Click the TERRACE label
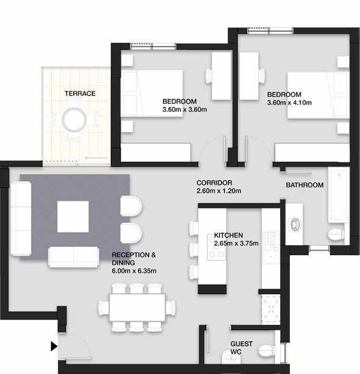[x=80, y=93]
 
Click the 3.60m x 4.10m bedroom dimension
[x=289, y=103]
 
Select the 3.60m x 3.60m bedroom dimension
[x=185, y=110]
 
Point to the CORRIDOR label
[x=214, y=183]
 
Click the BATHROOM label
[x=304, y=185]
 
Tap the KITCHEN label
[x=228, y=235]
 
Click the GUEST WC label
[x=241, y=348]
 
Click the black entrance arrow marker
[x=54, y=347]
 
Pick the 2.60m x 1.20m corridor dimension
[x=219, y=191]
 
